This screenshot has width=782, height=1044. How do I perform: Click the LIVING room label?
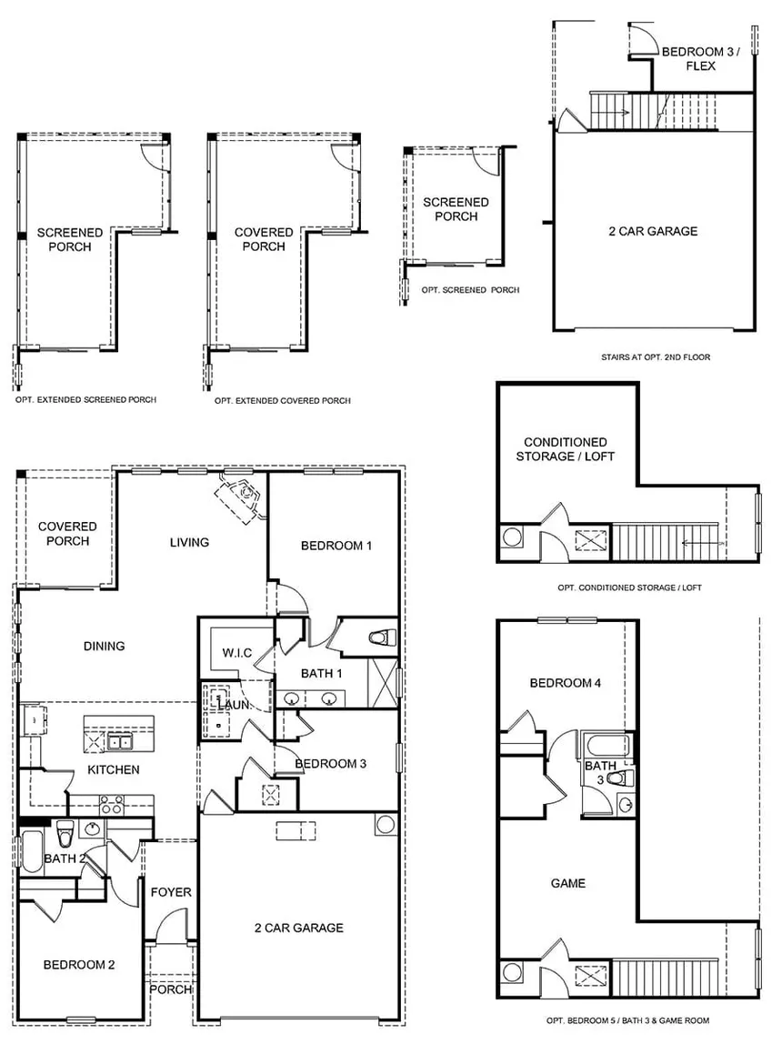point(189,542)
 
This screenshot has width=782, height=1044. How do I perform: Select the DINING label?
point(104,647)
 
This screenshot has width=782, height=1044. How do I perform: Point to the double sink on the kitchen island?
point(118,742)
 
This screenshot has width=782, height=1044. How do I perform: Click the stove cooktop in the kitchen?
point(111,804)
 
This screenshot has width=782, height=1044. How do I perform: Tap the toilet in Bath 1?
point(382,637)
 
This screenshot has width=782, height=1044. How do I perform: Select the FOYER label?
point(171,892)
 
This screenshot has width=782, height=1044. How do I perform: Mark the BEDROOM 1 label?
point(336,546)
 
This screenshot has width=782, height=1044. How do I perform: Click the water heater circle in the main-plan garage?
point(385,825)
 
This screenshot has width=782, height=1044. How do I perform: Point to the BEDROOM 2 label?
point(79,965)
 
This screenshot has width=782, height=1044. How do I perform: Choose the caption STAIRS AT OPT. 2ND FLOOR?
point(655,357)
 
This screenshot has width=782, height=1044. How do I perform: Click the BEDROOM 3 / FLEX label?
point(701,59)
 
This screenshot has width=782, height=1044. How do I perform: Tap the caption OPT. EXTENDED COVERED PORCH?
point(282,400)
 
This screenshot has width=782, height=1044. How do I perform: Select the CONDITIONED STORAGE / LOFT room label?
point(565,449)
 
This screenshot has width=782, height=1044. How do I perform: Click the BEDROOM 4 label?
point(565,683)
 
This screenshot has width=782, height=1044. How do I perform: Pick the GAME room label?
point(568,883)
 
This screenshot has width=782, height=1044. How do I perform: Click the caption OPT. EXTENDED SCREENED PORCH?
point(85,399)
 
